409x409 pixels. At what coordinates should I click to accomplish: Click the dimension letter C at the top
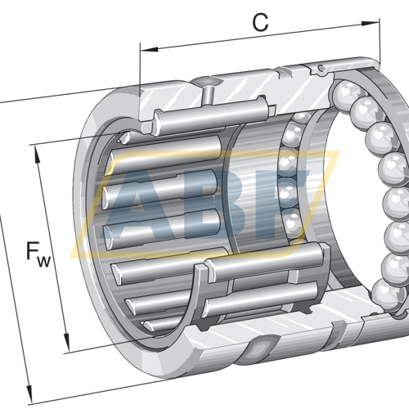click(260, 23)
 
